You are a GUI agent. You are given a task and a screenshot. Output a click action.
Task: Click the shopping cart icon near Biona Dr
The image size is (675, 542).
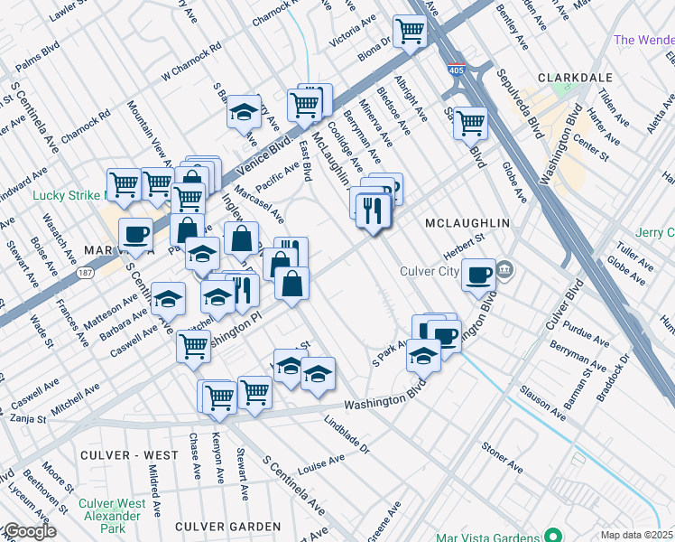(410, 32)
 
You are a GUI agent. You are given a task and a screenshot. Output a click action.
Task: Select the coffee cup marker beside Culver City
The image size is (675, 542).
(477, 274)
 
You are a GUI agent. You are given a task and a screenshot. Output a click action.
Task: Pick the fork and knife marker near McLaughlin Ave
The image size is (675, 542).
(373, 210)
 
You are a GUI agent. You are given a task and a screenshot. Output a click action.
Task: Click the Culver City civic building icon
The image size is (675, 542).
(504, 269)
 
